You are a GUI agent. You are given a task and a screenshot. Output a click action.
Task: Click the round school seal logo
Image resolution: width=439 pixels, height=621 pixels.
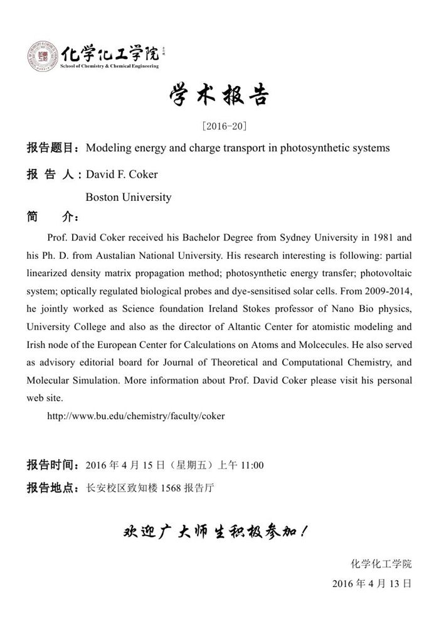[x=42, y=56]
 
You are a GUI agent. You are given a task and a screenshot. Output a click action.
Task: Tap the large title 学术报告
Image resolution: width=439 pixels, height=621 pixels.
[x=219, y=95]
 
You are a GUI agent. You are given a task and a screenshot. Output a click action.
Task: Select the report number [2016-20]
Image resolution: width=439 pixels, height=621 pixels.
[x=219, y=126]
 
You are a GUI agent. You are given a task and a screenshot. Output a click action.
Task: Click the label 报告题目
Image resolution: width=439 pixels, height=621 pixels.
[x=50, y=148]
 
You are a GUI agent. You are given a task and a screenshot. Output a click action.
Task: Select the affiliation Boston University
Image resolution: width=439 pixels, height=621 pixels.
[x=128, y=197]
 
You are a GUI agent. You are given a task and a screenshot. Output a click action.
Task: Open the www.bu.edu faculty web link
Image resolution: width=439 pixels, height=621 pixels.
[x=135, y=416]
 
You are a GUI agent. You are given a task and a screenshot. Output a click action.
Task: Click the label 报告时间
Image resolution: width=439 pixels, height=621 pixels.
[x=50, y=465]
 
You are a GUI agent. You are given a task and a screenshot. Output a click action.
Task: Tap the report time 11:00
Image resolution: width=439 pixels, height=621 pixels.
[x=250, y=465]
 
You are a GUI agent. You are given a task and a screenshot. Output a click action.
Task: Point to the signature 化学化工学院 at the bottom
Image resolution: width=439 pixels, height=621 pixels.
[x=381, y=563]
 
